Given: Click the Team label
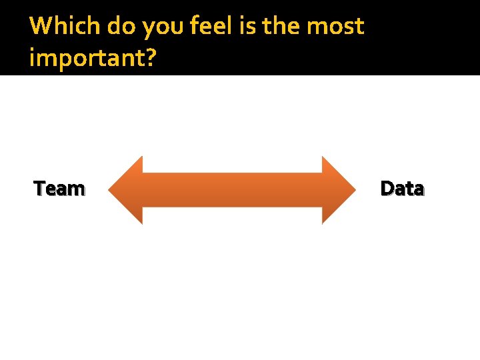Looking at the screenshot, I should point(59,189).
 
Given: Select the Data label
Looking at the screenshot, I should point(402,189).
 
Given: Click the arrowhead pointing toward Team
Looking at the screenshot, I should point(126,190).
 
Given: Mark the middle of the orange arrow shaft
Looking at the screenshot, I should point(233,190).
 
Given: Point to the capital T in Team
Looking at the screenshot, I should point(39,189).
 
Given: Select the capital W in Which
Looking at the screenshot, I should point(41,27).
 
